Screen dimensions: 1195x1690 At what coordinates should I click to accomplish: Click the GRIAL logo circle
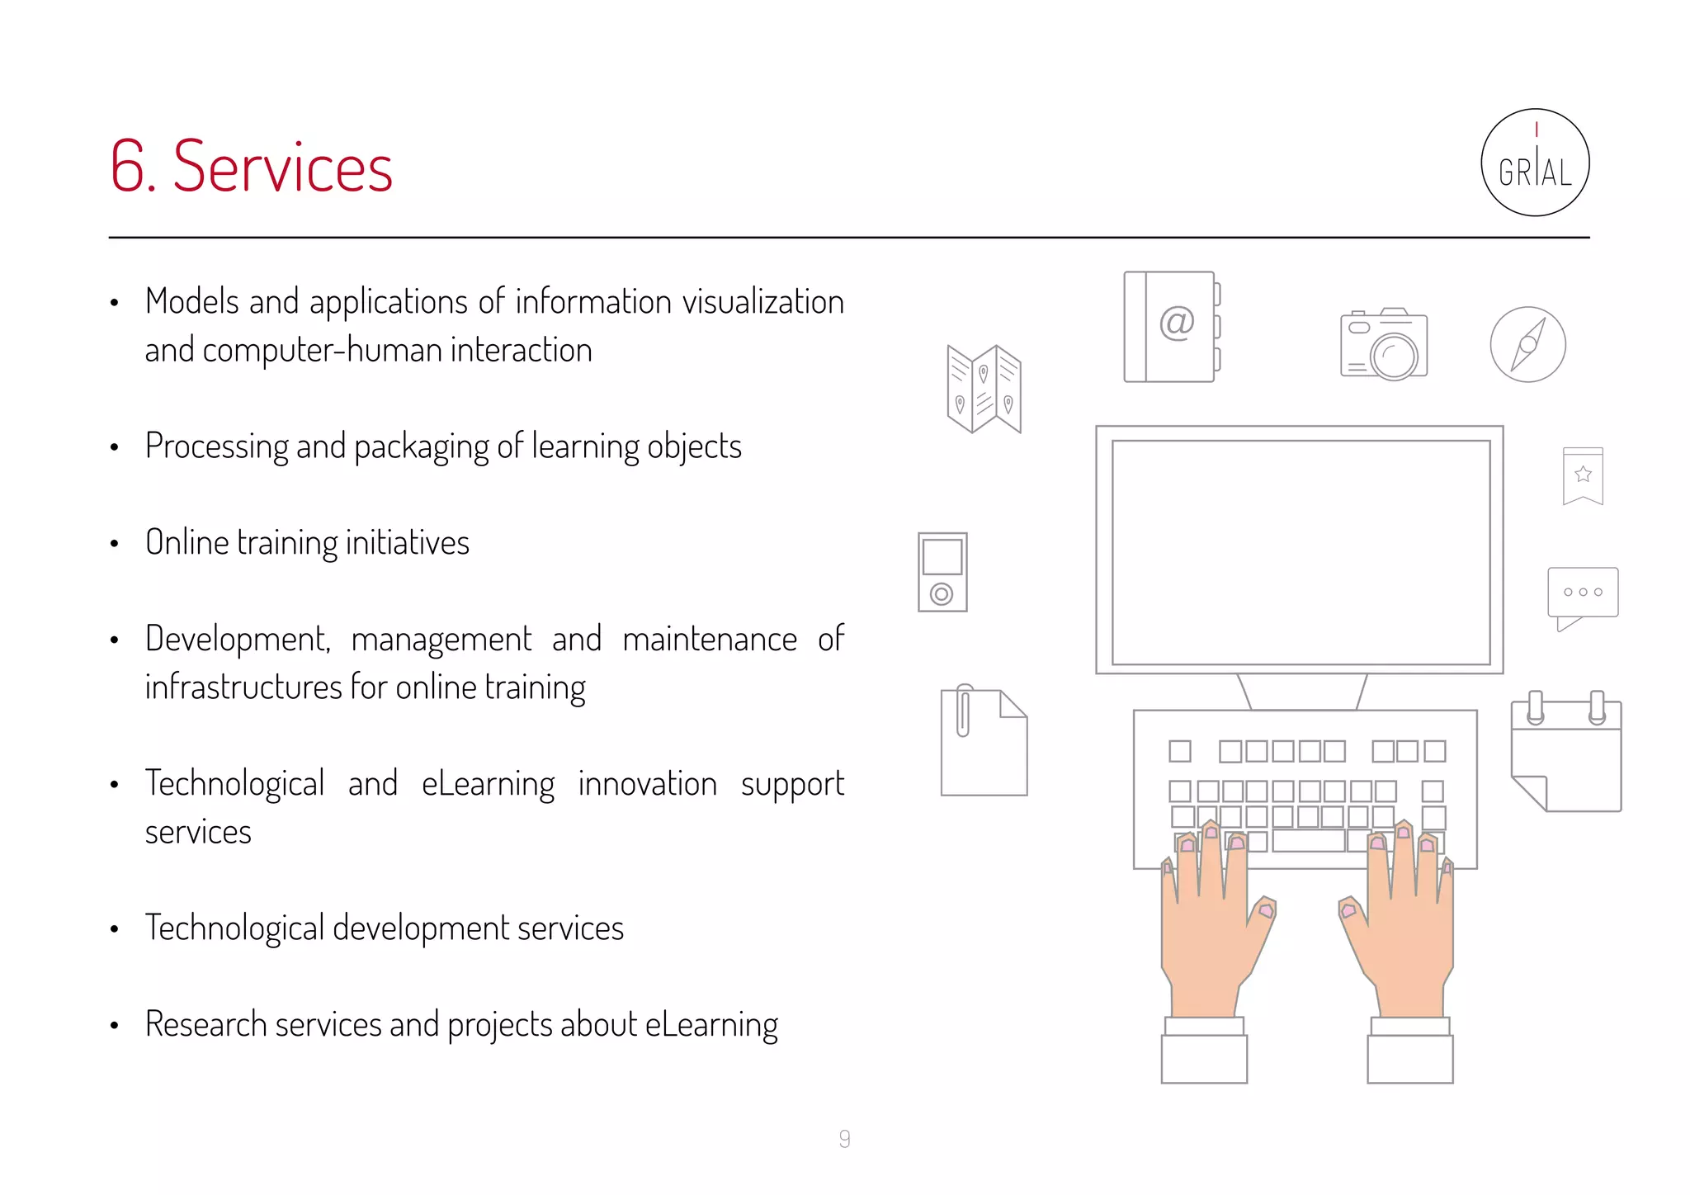click(1535, 163)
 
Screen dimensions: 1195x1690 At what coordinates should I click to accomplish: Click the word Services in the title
click(282, 168)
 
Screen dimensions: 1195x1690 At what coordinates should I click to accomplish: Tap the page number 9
click(844, 1139)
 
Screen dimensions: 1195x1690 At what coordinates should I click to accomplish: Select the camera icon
click(1384, 344)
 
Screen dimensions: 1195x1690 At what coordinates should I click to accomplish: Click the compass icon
click(1527, 344)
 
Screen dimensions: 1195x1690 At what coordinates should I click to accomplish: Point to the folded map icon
click(984, 389)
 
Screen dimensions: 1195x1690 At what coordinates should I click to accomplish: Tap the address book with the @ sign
click(1171, 327)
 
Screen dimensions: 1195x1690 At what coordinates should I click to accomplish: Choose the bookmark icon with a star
click(1583, 475)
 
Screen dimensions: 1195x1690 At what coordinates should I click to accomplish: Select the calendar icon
click(1566, 753)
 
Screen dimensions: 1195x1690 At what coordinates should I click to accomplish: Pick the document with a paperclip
click(984, 741)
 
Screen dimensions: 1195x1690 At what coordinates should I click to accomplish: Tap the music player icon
click(942, 572)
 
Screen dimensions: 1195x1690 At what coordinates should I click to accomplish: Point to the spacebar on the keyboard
click(1309, 841)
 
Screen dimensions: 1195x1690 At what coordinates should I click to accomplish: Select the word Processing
click(216, 446)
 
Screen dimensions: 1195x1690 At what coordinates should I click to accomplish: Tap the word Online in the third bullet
click(186, 543)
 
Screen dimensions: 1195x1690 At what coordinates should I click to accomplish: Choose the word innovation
click(647, 784)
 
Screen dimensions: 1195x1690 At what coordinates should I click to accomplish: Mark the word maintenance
click(710, 640)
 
